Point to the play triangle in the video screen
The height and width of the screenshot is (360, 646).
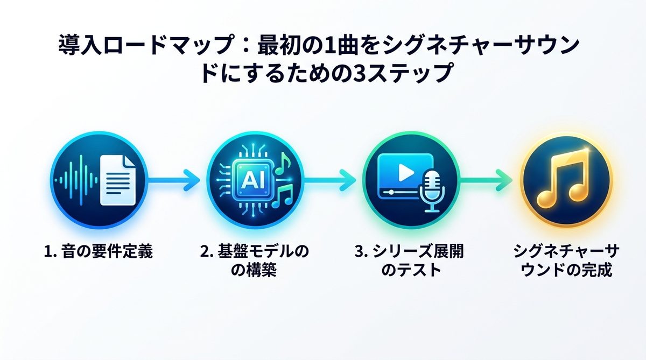pyautogui.click(x=405, y=172)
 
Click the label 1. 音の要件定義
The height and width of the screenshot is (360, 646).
pyautogui.click(x=98, y=251)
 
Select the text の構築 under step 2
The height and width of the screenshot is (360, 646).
pyautogui.click(x=254, y=270)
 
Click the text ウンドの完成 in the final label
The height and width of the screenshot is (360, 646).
pyautogui.click(x=565, y=270)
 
